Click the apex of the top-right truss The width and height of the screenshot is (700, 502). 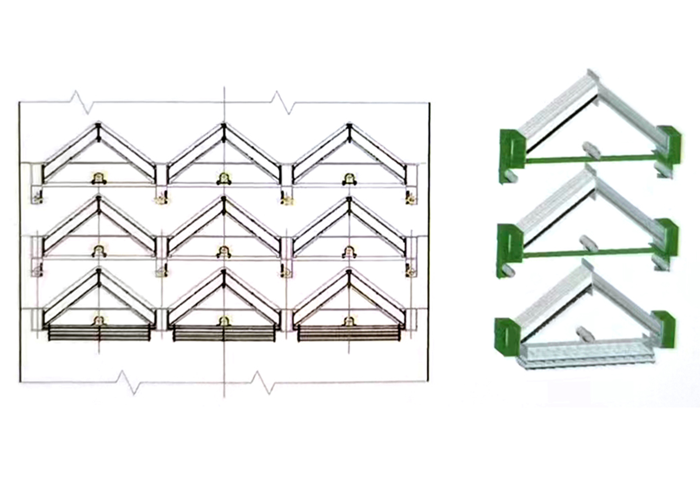click(x=349, y=126)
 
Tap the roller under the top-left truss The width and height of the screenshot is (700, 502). click(x=99, y=179)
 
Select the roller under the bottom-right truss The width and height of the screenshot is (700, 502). click(x=349, y=321)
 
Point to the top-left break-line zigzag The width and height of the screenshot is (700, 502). click(x=82, y=102)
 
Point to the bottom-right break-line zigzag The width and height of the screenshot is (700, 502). click(x=262, y=383)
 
